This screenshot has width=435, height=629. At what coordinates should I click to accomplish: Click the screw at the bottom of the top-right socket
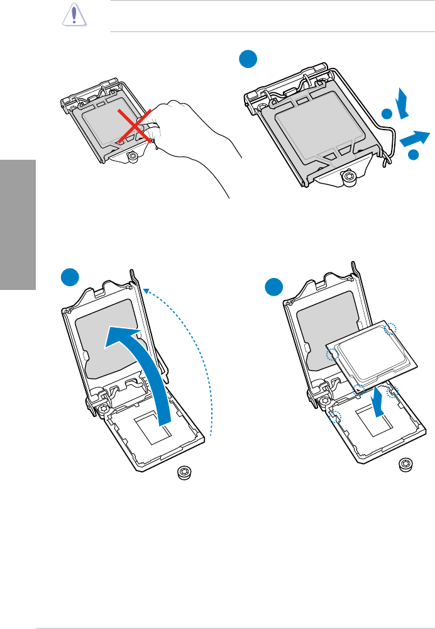[348, 179]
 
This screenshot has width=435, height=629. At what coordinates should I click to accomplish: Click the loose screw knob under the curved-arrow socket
[184, 472]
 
